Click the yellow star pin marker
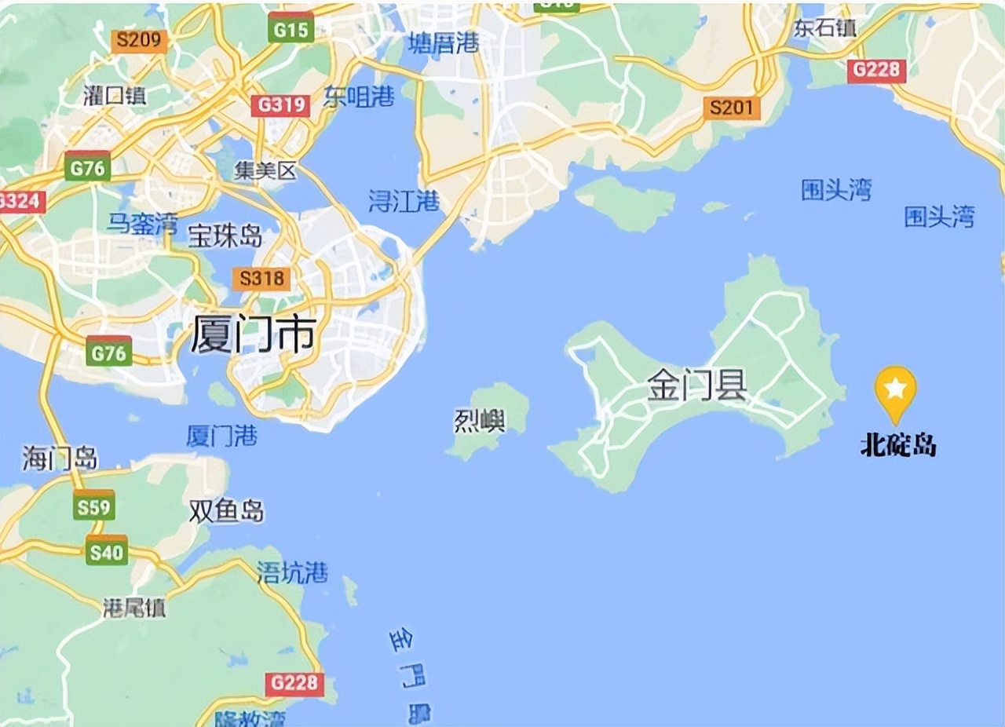coord(896,390)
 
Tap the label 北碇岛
coord(898,447)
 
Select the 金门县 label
coord(696,385)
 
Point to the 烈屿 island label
coord(480,422)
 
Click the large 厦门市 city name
coord(253,336)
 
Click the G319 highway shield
coord(280,104)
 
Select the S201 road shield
coord(732,108)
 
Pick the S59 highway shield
coord(94,507)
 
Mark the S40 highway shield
coord(106,552)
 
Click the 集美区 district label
coord(266,170)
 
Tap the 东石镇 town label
coord(824,29)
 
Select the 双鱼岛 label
coord(226,512)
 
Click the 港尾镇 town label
coord(134,607)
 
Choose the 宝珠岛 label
coord(225,236)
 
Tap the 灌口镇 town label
coord(115,96)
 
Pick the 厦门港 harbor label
coord(221,436)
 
